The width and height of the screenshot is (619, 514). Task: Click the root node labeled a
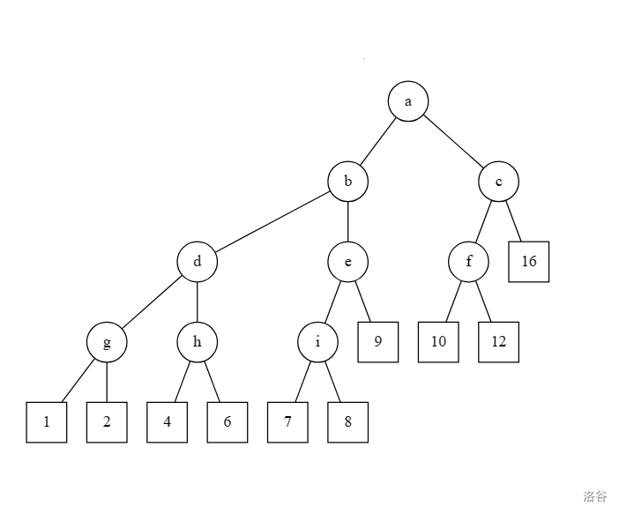point(408,101)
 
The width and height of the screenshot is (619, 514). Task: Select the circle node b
point(348,182)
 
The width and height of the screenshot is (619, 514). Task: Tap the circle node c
point(499,182)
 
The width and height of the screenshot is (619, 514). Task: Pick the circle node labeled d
point(197,262)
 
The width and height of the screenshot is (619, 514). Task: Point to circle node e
point(348,262)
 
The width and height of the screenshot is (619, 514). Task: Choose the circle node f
point(468,262)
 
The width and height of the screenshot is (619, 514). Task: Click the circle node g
point(107,342)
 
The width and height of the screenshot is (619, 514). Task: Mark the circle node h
point(197,342)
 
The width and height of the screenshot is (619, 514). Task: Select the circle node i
point(317,342)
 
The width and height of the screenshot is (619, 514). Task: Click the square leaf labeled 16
point(529,262)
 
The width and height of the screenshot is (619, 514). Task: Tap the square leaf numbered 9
point(377,342)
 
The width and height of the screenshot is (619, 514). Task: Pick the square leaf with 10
point(438,342)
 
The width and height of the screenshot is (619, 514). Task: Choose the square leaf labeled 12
point(499,342)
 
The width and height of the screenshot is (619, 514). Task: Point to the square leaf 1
point(47,422)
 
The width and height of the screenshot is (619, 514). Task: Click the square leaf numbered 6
point(227,422)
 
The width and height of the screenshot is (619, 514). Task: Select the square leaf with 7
point(287,422)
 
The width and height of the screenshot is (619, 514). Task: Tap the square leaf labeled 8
point(347,422)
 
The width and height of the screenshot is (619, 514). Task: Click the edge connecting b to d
point(272,222)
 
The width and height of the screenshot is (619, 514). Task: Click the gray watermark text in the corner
point(595,496)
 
